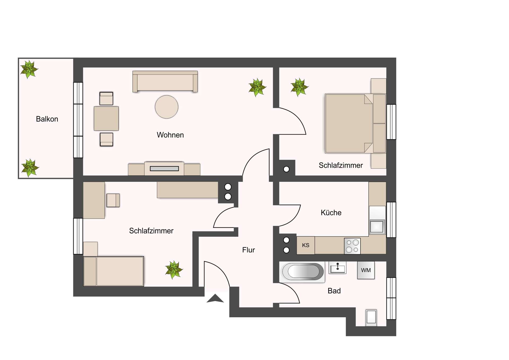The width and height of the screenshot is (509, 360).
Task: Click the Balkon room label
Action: coord(47,119)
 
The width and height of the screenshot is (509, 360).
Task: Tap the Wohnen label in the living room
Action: coord(170,135)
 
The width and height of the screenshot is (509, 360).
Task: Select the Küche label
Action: coord(331,212)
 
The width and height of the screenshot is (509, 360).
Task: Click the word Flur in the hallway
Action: coord(248,250)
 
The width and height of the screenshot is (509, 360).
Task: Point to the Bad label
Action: coord(334,291)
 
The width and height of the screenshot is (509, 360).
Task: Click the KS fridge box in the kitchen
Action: coord(306,245)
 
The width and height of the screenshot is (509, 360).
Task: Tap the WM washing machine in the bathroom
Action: coord(366,270)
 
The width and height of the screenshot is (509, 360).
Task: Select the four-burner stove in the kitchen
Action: coord(352,246)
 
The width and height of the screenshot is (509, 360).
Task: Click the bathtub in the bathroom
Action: coord(302,272)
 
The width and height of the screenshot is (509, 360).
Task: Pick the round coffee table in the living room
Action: coord(166,107)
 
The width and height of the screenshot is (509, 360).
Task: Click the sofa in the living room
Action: coord(165,81)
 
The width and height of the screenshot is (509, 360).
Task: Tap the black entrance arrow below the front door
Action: coord(215,298)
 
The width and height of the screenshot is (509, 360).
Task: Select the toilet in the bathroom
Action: coord(371,317)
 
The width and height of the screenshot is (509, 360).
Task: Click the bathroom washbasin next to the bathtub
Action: coord(337,268)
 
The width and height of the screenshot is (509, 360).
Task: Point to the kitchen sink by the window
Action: coord(377,226)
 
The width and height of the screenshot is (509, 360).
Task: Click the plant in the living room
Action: coord(257,87)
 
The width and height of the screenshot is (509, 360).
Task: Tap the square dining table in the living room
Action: coord(106,118)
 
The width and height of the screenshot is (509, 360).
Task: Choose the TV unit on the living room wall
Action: coord(164,168)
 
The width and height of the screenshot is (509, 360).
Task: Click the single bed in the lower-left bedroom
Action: coord(113,271)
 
